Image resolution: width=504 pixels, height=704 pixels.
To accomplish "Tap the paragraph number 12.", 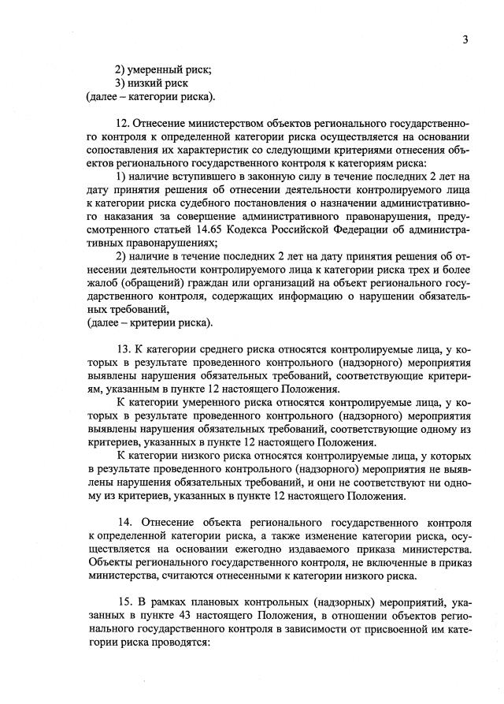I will click(122, 124).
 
